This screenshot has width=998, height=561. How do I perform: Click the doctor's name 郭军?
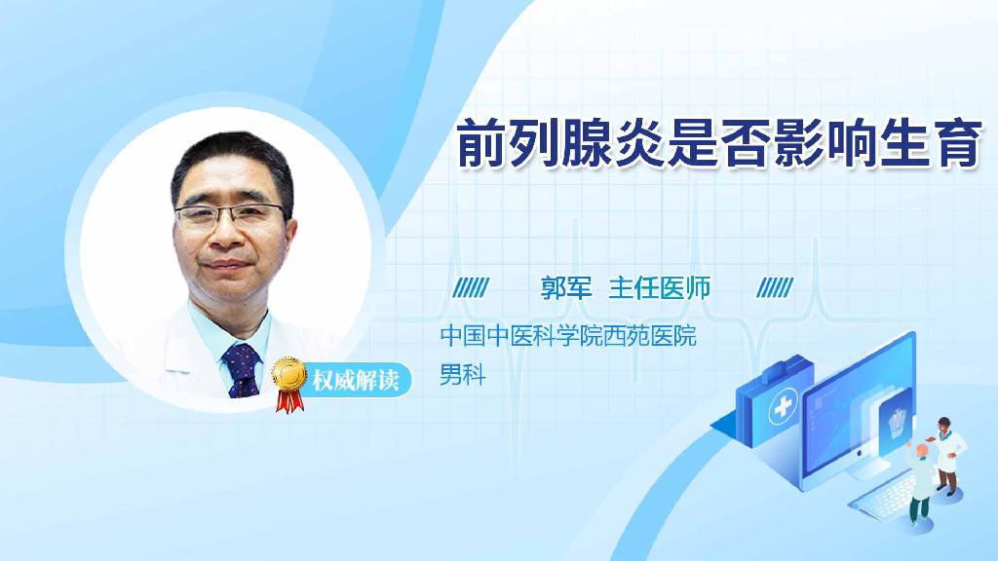tap(566, 287)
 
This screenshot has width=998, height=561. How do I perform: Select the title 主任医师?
tap(660, 287)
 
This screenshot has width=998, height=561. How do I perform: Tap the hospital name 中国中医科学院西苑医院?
tap(568, 337)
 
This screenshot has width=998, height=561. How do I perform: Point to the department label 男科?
tap(463, 374)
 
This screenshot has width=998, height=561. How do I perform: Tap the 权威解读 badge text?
tap(356, 380)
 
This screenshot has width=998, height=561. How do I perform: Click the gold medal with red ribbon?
tap(289, 380)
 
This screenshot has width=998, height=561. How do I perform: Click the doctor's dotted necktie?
tap(241, 370)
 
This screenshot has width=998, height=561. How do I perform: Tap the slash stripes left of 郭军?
tap(473, 287)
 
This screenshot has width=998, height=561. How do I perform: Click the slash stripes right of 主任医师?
tap(775, 287)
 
